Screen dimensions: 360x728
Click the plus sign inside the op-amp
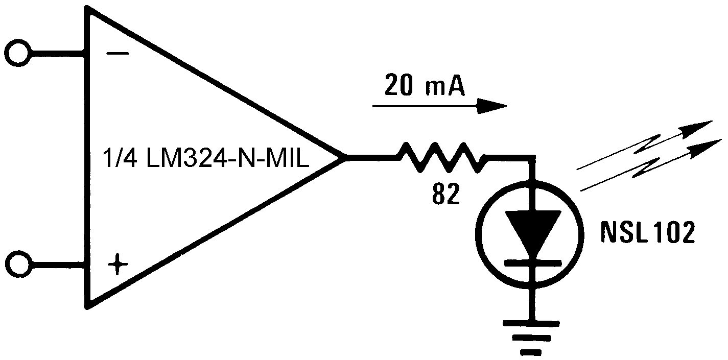tap(118, 265)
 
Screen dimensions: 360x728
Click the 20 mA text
tap(425, 86)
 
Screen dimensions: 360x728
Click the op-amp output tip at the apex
tap(343, 157)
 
